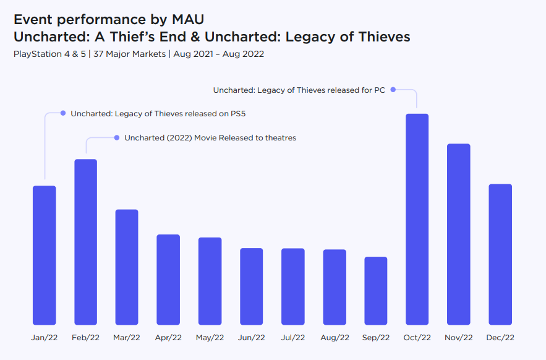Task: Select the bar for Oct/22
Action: point(417,219)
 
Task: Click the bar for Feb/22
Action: point(85,242)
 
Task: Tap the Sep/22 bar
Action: point(375,291)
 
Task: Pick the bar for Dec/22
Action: point(500,254)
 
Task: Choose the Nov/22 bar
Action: point(458,234)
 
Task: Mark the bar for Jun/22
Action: point(251,286)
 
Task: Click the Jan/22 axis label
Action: point(44,338)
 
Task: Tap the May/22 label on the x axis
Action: point(210,338)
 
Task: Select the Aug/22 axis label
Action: point(335,338)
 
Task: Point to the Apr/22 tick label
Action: point(168,338)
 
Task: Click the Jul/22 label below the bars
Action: point(292,338)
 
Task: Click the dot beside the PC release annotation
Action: point(393,90)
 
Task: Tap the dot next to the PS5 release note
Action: point(63,113)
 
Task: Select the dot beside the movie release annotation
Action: point(116,137)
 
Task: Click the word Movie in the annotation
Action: point(206,138)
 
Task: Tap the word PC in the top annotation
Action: point(379,90)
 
